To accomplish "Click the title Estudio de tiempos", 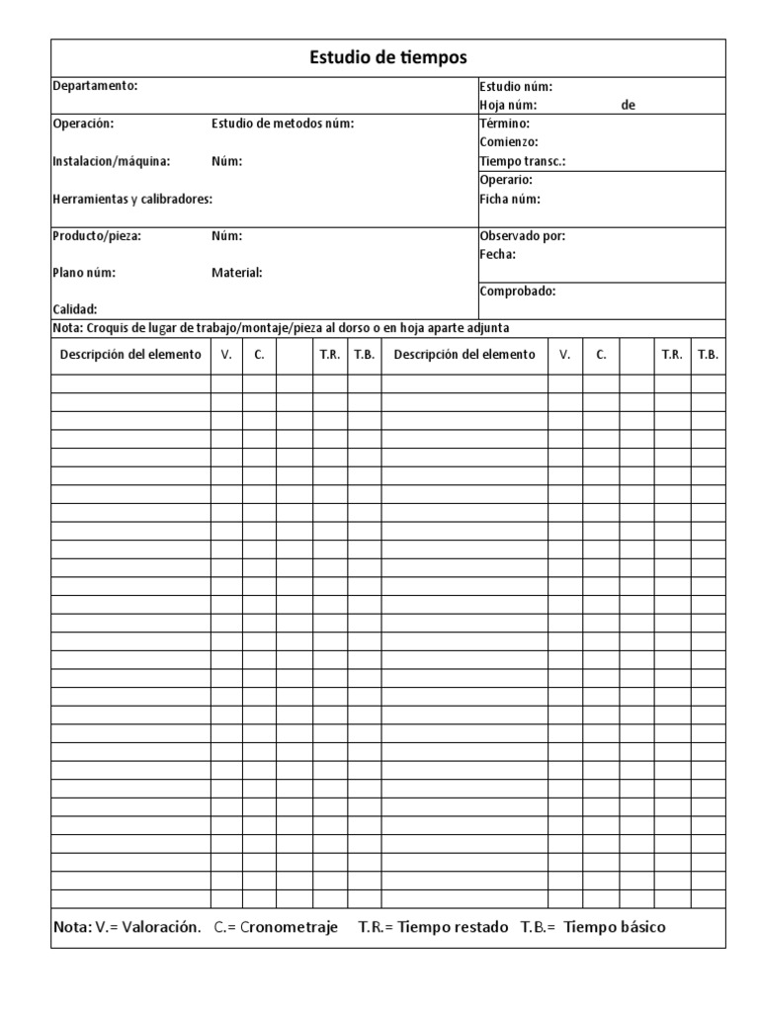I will pos(387,58).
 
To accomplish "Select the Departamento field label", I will pos(95,86).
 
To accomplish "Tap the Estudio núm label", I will pos(516,86).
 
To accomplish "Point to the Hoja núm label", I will pos(508,105).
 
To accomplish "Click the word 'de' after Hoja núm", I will pos(628,105).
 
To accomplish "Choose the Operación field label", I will pos(83,124).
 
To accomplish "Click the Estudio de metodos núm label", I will pos(283,124).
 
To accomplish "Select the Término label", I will pos(504,124).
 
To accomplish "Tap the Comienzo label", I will pos(509,142).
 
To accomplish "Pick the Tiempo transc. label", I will pos(523,161).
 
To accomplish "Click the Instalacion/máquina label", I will pos(111,161).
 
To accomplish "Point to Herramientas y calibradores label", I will pos(131,199).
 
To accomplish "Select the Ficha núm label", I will pos(510,199).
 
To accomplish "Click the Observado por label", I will pos(523,236).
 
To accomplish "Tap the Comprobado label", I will pos(517,292).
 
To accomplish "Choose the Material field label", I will pos(237,273).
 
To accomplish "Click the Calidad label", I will pos(74,309).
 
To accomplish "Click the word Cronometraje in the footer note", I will pos(289,927).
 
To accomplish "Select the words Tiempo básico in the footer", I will pos(615,927).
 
